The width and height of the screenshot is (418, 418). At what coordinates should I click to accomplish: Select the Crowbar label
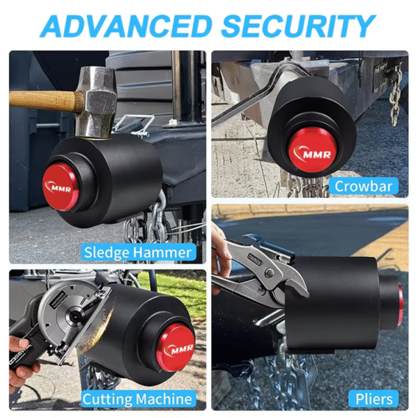[365, 185]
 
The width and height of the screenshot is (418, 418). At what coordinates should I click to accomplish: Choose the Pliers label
[374, 398]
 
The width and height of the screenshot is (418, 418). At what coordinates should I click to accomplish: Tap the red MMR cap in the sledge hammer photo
[61, 187]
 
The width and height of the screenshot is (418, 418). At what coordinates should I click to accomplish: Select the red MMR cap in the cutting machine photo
[175, 347]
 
